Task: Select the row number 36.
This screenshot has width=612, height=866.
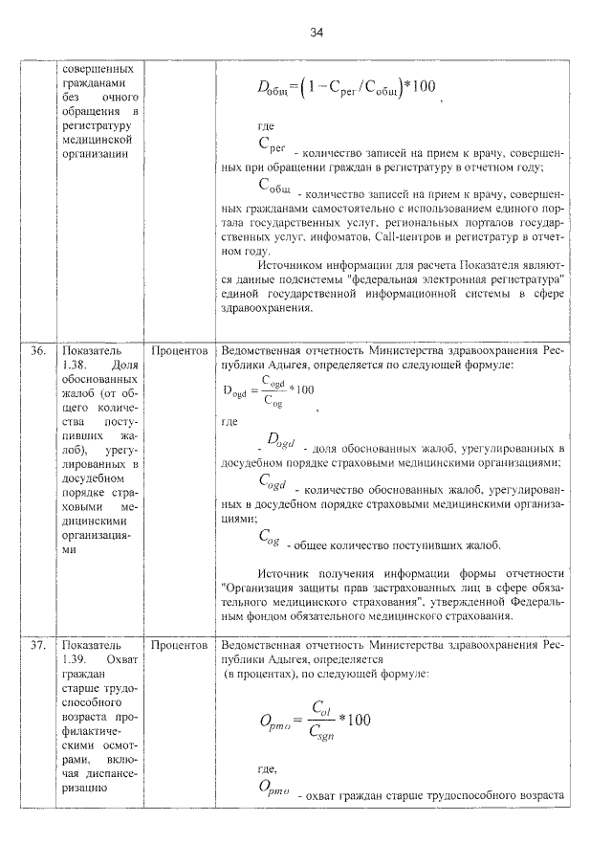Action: pos(38,351)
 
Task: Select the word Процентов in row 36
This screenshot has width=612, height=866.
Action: pos(180,351)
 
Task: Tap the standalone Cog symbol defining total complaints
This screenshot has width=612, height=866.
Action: pos(269,539)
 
